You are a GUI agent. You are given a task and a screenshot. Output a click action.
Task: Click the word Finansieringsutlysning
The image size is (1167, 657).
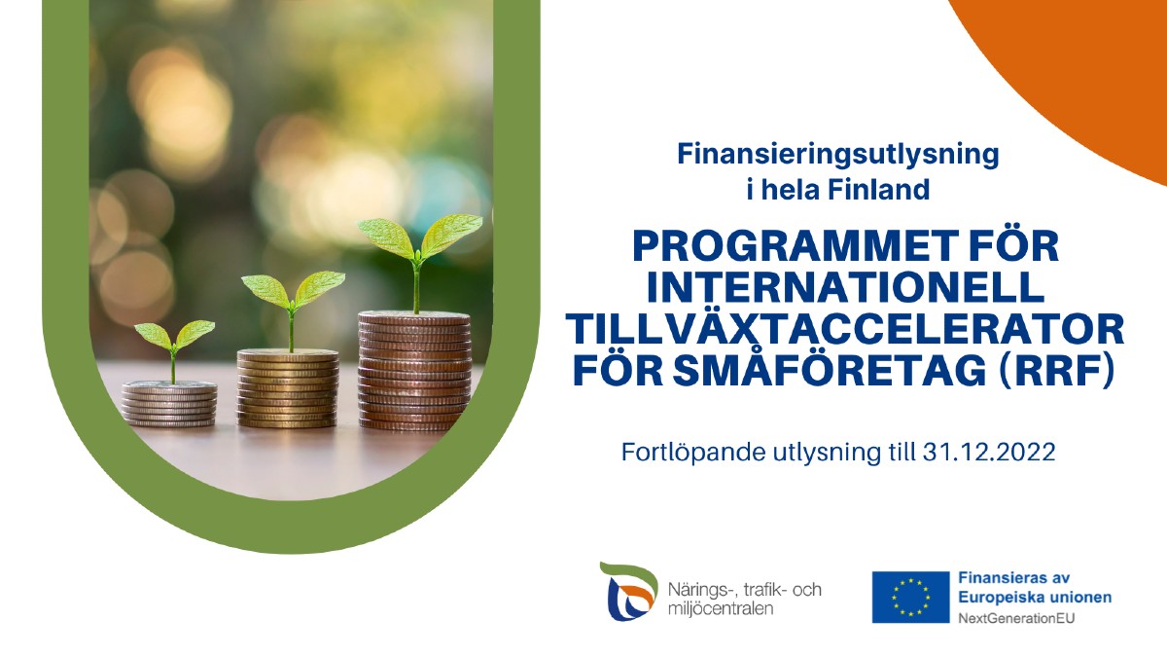click(837, 155)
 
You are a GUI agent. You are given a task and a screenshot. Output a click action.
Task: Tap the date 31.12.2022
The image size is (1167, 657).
click(989, 452)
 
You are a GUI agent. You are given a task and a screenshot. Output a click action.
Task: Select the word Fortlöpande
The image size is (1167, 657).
click(699, 453)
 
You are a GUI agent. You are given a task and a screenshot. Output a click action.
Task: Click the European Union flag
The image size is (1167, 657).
click(910, 597)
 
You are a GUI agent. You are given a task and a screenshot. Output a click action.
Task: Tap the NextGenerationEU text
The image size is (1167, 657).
click(1016, 619)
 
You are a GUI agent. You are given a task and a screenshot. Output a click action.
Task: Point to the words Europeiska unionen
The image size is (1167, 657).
click(1035, 598)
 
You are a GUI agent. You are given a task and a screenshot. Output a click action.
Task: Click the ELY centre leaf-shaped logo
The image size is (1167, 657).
click(629, 592)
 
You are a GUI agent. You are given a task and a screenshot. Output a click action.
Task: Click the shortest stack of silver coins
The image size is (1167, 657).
click(169, 404)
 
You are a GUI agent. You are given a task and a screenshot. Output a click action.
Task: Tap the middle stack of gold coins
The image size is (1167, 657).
click(288, 388)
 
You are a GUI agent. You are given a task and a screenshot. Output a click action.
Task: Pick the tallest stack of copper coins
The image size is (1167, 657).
click(414, 371)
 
